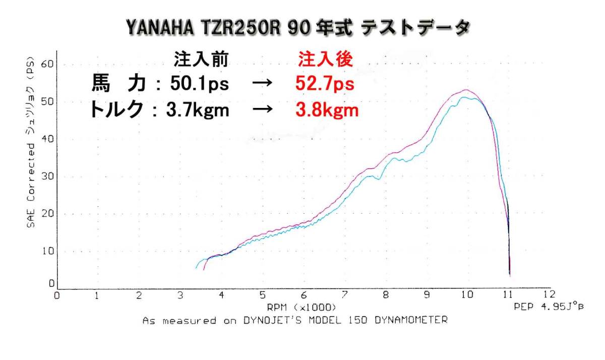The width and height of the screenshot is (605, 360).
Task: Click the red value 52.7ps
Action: click(x=325, y=84)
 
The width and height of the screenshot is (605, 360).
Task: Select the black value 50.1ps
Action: click(x=199, y=84)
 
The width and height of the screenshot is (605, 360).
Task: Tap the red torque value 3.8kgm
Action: click(x=327, y=110)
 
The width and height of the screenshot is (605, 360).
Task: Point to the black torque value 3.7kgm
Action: click(x=198, y=110)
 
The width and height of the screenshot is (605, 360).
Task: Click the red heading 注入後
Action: click(x=325, y=59)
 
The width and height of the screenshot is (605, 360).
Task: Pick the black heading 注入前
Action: click(x=201, y=59)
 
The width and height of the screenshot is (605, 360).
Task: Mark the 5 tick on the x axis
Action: click(x=262, y=295)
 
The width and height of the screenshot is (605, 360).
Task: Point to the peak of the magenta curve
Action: click(x=467, y=90)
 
